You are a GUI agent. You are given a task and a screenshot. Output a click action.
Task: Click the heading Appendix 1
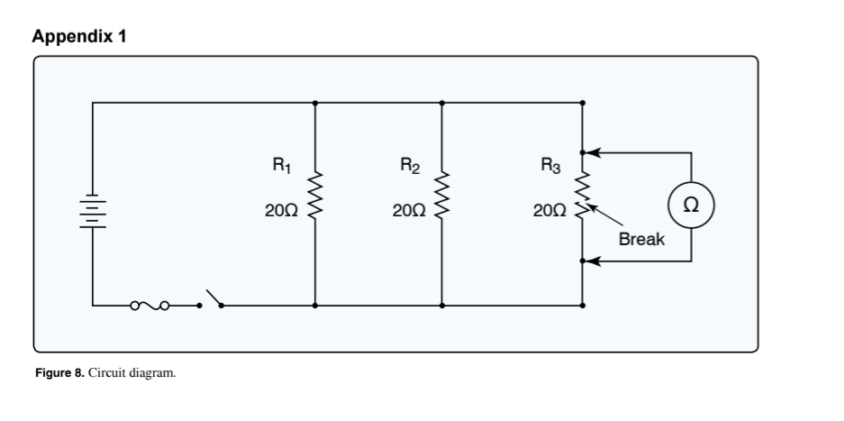pos(79,37)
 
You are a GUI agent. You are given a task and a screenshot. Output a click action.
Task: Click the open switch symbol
pos(212,299)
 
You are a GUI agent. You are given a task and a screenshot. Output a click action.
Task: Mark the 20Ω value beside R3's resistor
pos(549,210)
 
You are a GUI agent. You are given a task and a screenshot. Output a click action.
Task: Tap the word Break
pos(641,240)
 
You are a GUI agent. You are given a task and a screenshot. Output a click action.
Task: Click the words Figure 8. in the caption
pos(59,372)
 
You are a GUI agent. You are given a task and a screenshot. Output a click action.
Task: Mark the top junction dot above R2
pos(440,103)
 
